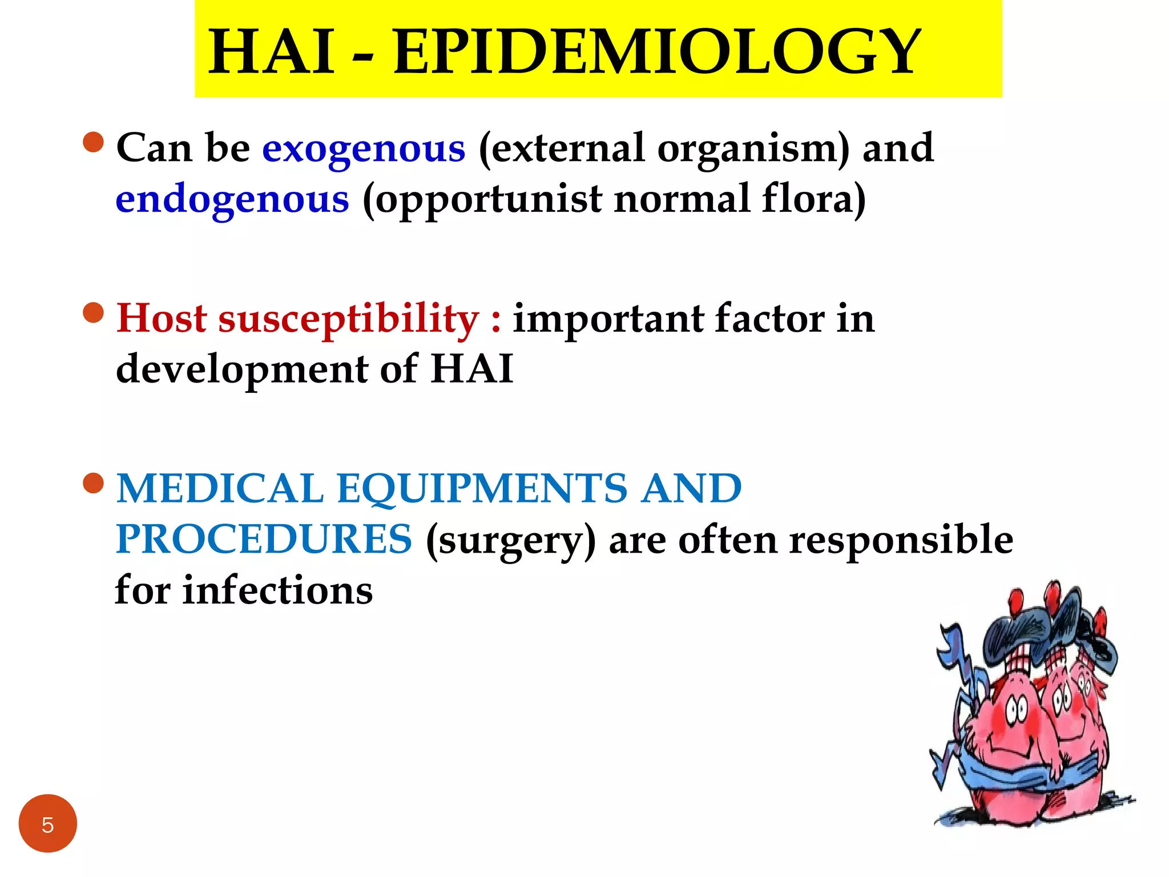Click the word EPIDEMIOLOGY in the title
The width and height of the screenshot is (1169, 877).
(x=656, y=53)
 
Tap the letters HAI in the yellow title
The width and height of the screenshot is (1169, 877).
(x=272, y=53)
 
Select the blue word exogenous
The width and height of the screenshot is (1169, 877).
(x=364, y=148)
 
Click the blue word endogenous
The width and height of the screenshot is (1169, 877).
(x=232, y=200)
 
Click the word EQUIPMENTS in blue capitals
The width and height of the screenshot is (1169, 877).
(x=482, y=489)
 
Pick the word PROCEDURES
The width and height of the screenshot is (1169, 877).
(x=263, y=540)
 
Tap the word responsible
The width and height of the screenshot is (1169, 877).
(x=901, y=540)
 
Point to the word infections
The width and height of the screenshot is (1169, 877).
(x=277, y=590)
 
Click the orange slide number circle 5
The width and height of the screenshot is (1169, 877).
(x=47, y=823)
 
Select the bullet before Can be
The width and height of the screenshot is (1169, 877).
(x=94, y=142)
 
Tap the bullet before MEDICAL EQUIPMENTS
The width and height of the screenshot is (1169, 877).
(x=94, y=483)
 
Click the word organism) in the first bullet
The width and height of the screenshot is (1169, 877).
(x=753, y=148)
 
